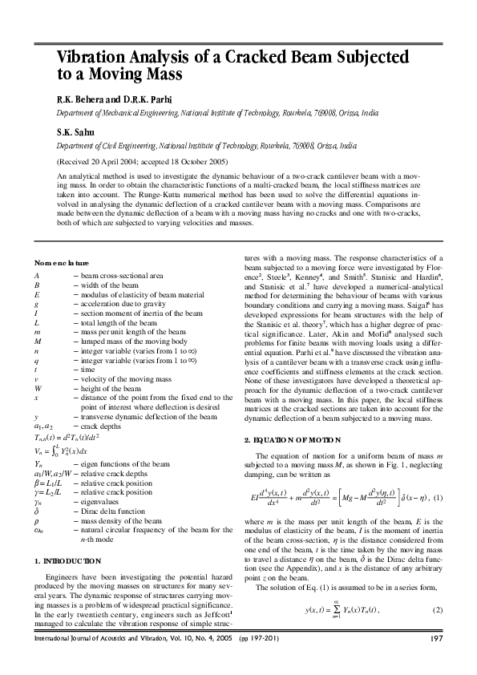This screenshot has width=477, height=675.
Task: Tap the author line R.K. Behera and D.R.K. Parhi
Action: click(x=115, y=99)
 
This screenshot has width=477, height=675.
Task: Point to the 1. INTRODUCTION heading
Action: click(x=69, y=560)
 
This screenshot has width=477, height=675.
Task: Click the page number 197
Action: click(x=437, y=661)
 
